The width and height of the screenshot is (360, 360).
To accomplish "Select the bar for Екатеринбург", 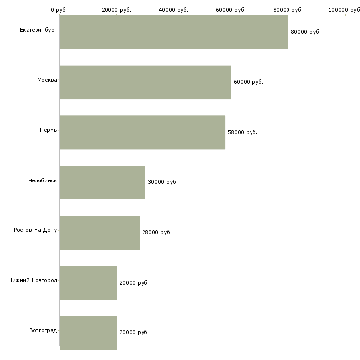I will coord(174,32).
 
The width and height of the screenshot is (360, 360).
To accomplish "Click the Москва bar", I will coord(145,82).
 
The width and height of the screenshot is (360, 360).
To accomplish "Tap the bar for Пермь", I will coord(142,133).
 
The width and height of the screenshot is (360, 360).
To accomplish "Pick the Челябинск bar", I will coord(102,182).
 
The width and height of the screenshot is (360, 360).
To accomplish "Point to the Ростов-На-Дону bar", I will coord(99,233).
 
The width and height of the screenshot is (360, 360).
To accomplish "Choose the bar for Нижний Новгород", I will coord(88,283).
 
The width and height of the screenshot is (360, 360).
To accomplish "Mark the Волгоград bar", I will coord(88,333).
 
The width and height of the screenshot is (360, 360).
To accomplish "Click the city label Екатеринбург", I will coord(38,30).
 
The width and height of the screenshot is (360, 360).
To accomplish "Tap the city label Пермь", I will coord(48,130).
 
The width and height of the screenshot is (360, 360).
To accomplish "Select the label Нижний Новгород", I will coord(33,280).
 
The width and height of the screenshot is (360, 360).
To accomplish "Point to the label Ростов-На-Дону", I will coord(36,230).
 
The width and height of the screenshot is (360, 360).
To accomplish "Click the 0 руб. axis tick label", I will coord(59,10).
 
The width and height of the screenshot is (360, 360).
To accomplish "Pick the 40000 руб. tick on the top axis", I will coord(174,10).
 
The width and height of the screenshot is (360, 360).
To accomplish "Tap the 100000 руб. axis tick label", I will coord(344,10).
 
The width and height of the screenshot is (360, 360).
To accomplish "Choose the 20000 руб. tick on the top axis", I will coord(116,10).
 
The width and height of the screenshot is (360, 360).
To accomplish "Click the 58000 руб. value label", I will coord(243,132).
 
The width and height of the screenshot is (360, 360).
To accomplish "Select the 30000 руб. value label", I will coord(163,182).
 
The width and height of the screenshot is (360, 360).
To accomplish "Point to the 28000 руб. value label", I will coord(157,232).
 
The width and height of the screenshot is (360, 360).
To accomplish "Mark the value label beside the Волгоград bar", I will coord(134,332).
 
